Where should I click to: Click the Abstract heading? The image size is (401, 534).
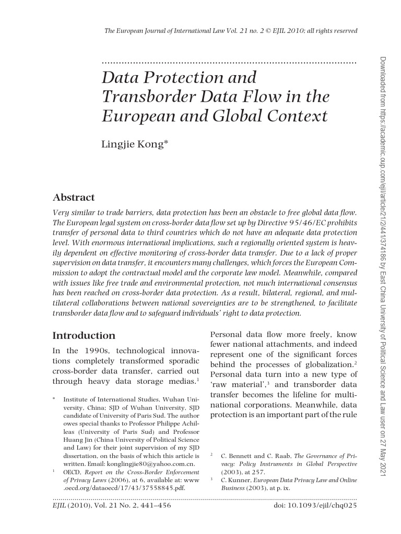74,197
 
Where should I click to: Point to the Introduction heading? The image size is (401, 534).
84,335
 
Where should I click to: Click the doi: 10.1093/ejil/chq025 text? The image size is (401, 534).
315,505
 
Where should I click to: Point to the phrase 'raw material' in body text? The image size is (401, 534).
234,385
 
